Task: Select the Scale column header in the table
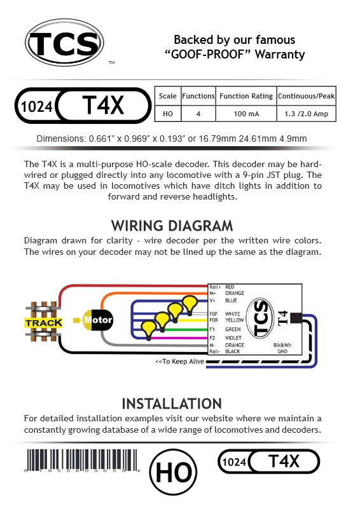tap(168, 96)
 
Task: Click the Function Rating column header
tap(246, 96)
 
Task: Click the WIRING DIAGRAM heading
tap(172, 226)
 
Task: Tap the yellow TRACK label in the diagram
tap(43, 323)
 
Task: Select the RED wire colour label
tap(230, 287)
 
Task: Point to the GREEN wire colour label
tap(233, 330)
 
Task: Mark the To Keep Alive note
tap(180, 362)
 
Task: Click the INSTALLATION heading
tap(172, 404)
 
